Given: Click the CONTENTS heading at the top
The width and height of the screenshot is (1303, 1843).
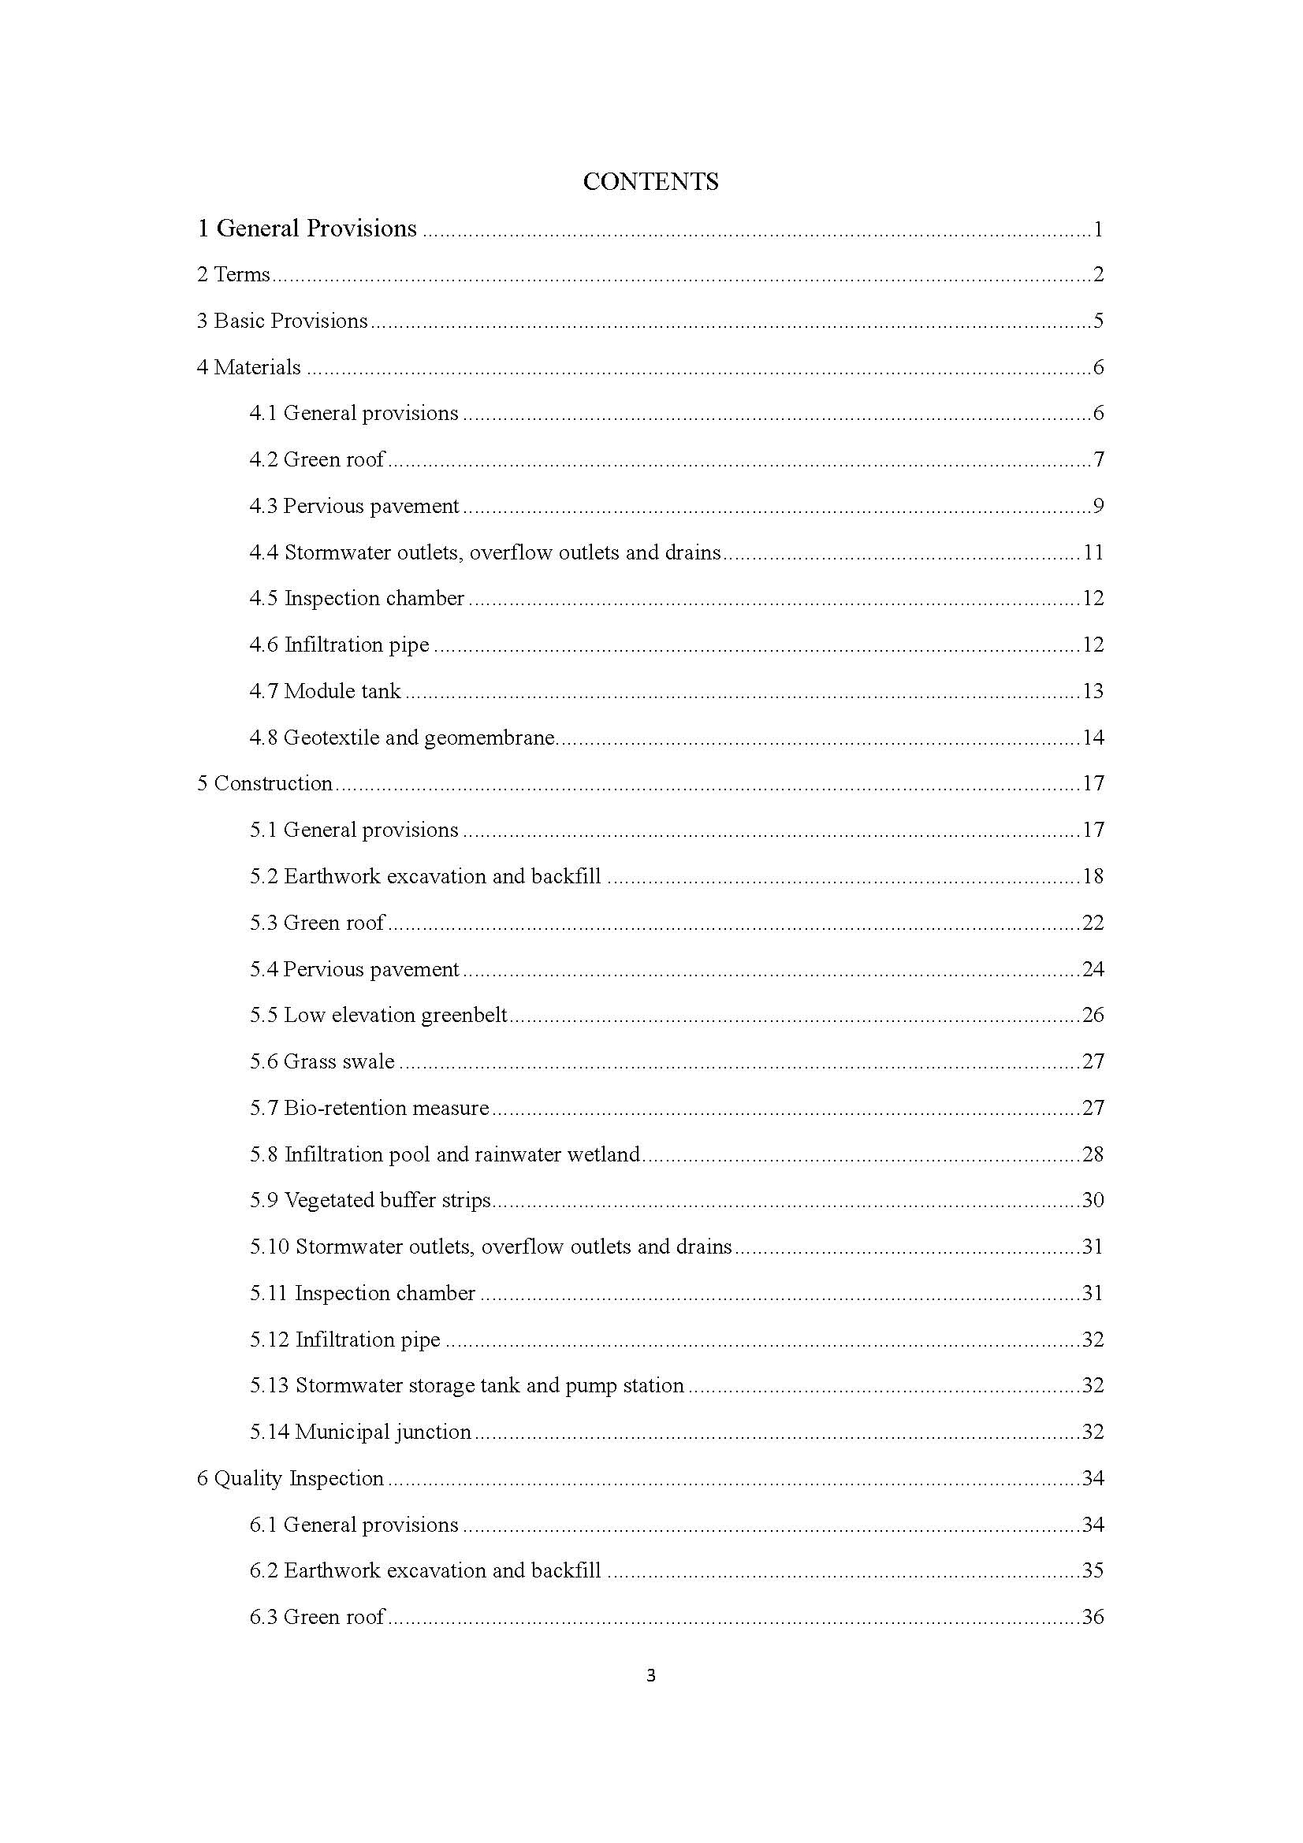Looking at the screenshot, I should (x=650, y=181).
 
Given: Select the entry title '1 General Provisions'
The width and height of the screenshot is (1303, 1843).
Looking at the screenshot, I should (x=307, y=229).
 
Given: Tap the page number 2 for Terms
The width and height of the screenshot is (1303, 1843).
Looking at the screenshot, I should (x=1098, y=274).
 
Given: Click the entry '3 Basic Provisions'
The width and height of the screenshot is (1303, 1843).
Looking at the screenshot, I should (x=281, y=321).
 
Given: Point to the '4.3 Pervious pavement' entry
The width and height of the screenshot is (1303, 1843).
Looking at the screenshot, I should (x=354, y=506).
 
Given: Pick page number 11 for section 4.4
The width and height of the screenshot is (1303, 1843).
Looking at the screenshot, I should (x=1093, y=552).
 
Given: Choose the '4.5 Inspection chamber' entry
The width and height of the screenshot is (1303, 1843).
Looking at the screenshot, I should (x=356, y=598).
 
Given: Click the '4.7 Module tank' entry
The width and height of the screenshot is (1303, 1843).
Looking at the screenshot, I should (x=324, y=691).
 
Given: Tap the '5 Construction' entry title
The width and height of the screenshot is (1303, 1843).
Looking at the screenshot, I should (x=264, y=783).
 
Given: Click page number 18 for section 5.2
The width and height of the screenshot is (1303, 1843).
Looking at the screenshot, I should (x=1093, y=875).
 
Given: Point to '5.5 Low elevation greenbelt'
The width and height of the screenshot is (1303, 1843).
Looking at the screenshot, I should (x=378, y=1015).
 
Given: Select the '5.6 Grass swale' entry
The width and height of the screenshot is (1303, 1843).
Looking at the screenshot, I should (x=322, y=1061).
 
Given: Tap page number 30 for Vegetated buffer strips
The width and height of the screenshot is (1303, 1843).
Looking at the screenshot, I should (x=1093, y=1200).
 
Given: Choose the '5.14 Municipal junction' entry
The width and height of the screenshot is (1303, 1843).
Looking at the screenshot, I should (x=359, y=1432).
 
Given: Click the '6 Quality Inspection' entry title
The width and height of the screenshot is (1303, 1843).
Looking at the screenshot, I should (x=290, y=1478).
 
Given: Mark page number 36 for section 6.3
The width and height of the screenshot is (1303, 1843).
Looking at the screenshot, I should (x=1093, y=1617).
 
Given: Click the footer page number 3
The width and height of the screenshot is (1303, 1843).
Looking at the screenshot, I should (x=650, y=1675).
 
